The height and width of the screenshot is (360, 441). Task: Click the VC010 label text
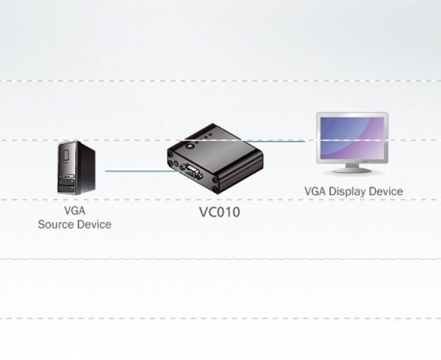[x=220, y=212]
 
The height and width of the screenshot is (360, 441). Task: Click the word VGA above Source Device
[x=74, y=211]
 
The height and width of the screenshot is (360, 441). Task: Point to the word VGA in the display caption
[x=315, y=191]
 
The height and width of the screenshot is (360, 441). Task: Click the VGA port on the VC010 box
[x=192, y=170]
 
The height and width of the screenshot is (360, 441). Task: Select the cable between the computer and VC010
[x=143, y=171]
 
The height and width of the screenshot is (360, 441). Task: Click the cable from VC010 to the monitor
[x=275, y=141]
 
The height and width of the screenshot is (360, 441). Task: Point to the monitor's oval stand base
[x=352, y=170]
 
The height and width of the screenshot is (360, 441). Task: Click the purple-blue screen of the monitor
[x=352, y=137]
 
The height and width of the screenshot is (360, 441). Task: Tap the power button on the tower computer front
[x=66, y=155]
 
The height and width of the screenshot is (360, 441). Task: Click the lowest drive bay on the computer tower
[x=66, y=189]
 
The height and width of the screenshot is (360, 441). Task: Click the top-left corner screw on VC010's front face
[x=170, y=154]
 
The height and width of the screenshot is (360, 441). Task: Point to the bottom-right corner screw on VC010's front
[x=215, y=189]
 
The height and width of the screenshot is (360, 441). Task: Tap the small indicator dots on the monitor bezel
[x=365, y=162]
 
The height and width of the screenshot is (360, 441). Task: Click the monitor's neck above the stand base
[x=352, y=165]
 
